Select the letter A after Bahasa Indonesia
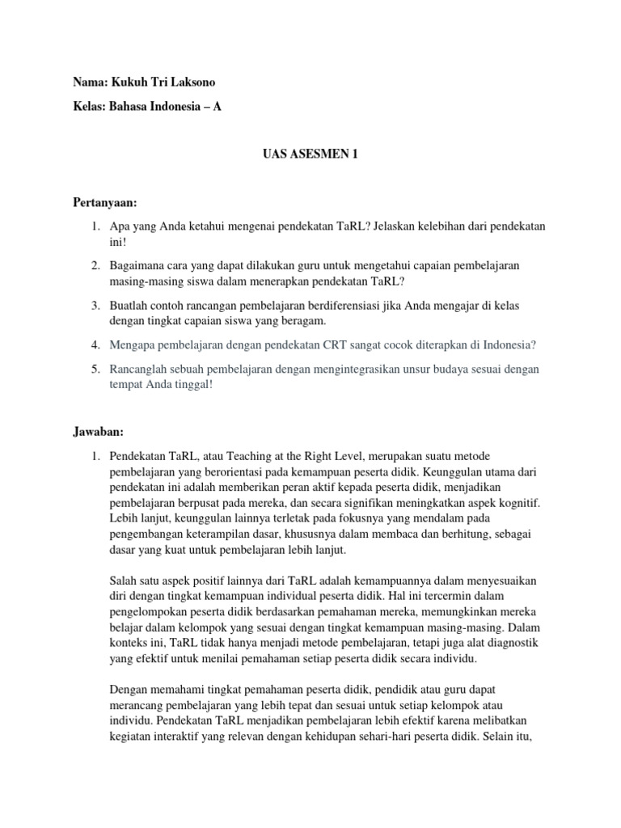pos(217,106)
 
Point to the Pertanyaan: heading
pos(103,198)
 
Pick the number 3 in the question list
pos(94,305)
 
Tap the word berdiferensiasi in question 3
pos(319,305)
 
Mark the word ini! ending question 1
pos(118,241)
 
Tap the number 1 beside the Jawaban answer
pos(94,455)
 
